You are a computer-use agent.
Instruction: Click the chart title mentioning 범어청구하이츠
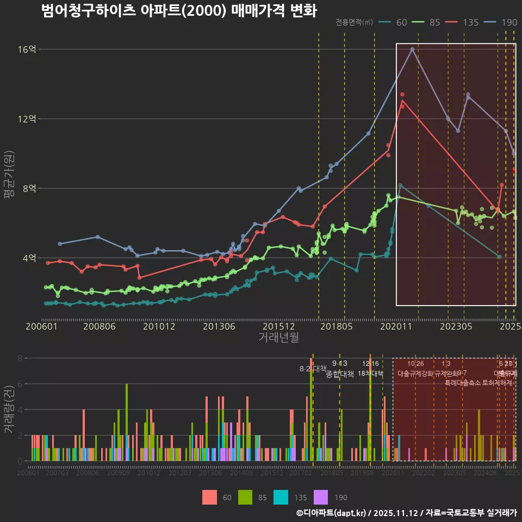click(x=179, y=11)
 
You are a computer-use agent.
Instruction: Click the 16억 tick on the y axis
click(x=28, y=49)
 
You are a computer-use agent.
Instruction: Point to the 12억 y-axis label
click(x=28, y=119)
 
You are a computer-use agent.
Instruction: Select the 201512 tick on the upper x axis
click(x=278, y=327)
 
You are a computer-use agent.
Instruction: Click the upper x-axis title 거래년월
click(x=278, y=338)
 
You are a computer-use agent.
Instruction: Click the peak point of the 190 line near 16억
click(x=412, y=49)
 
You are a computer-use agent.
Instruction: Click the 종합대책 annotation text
click(x=340, y=374)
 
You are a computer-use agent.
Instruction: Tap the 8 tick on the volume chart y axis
click(x=20, y=358)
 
